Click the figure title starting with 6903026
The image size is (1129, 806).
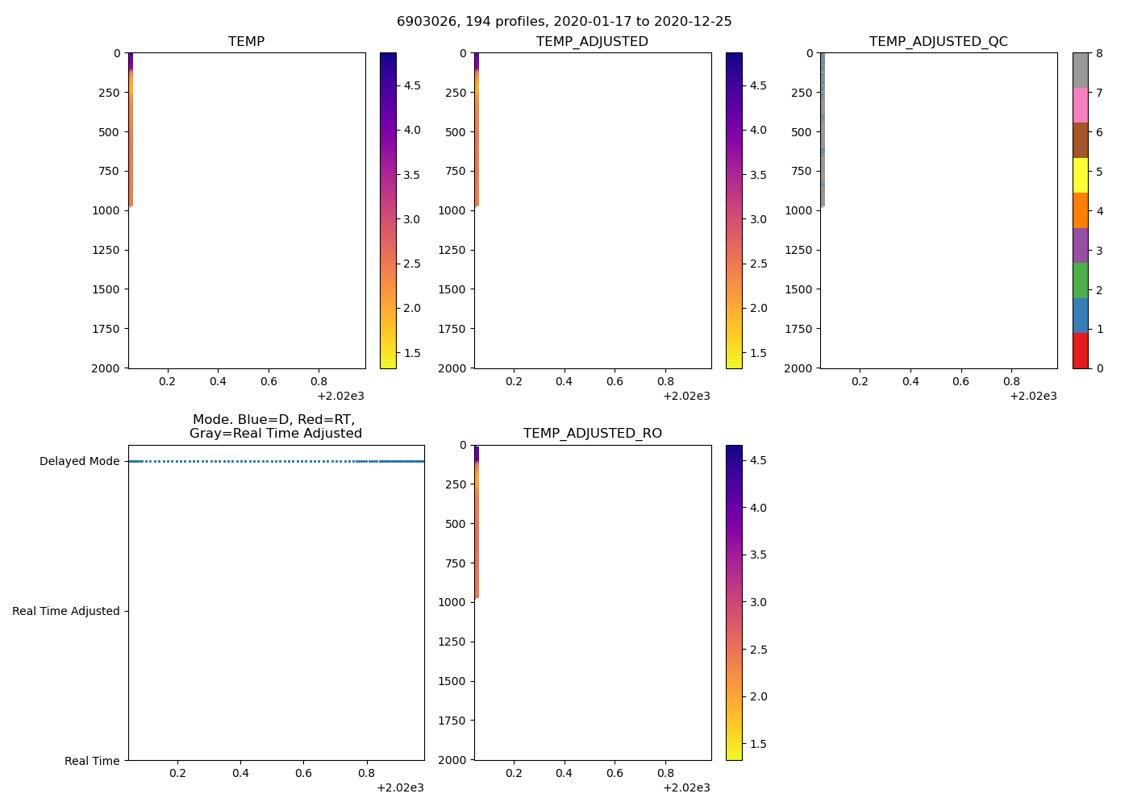564,22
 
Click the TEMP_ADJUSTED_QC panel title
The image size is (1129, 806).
938,42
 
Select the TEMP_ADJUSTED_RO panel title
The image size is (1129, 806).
592,434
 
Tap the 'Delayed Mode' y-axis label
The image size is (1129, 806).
79,462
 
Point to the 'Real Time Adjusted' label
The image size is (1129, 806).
65,612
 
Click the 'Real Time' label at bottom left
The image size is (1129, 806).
92,761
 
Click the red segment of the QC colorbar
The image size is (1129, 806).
1080,351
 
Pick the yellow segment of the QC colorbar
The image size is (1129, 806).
1080,176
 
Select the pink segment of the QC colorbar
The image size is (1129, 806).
1080,106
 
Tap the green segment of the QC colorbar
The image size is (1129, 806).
1080,280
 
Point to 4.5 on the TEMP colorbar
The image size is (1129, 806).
411,85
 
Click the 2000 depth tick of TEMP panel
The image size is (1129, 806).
106,368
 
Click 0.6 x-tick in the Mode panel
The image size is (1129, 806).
303,773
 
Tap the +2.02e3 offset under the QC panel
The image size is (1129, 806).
1032,396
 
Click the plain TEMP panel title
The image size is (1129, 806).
246,42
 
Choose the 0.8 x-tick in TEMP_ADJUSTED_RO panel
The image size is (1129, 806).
665,773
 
